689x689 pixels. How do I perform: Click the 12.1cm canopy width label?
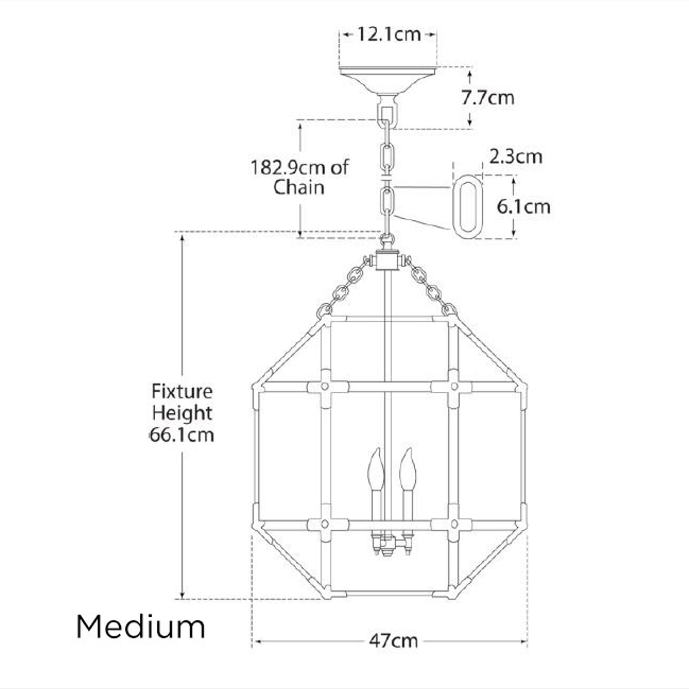coord(389,34)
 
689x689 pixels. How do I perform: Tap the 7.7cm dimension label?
coord(487,97)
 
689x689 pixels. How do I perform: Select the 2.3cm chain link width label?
coord(515,157)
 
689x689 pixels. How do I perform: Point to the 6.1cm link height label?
coord(523,206)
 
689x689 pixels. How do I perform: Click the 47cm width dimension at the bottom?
coord(393,640)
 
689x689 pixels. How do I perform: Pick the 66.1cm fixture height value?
coord(182,435)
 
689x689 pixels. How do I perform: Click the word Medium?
coord(141,627)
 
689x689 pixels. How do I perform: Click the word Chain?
coord(299,187)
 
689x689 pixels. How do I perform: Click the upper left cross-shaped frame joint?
coord(325,387)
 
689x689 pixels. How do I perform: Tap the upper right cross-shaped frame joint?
coord(453,387)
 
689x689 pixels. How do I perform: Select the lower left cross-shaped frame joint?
coord(325,524)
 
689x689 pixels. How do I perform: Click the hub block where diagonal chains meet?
coord(387,261)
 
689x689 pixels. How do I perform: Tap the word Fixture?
coord(182,392)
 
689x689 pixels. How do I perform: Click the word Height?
coord(182,413)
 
